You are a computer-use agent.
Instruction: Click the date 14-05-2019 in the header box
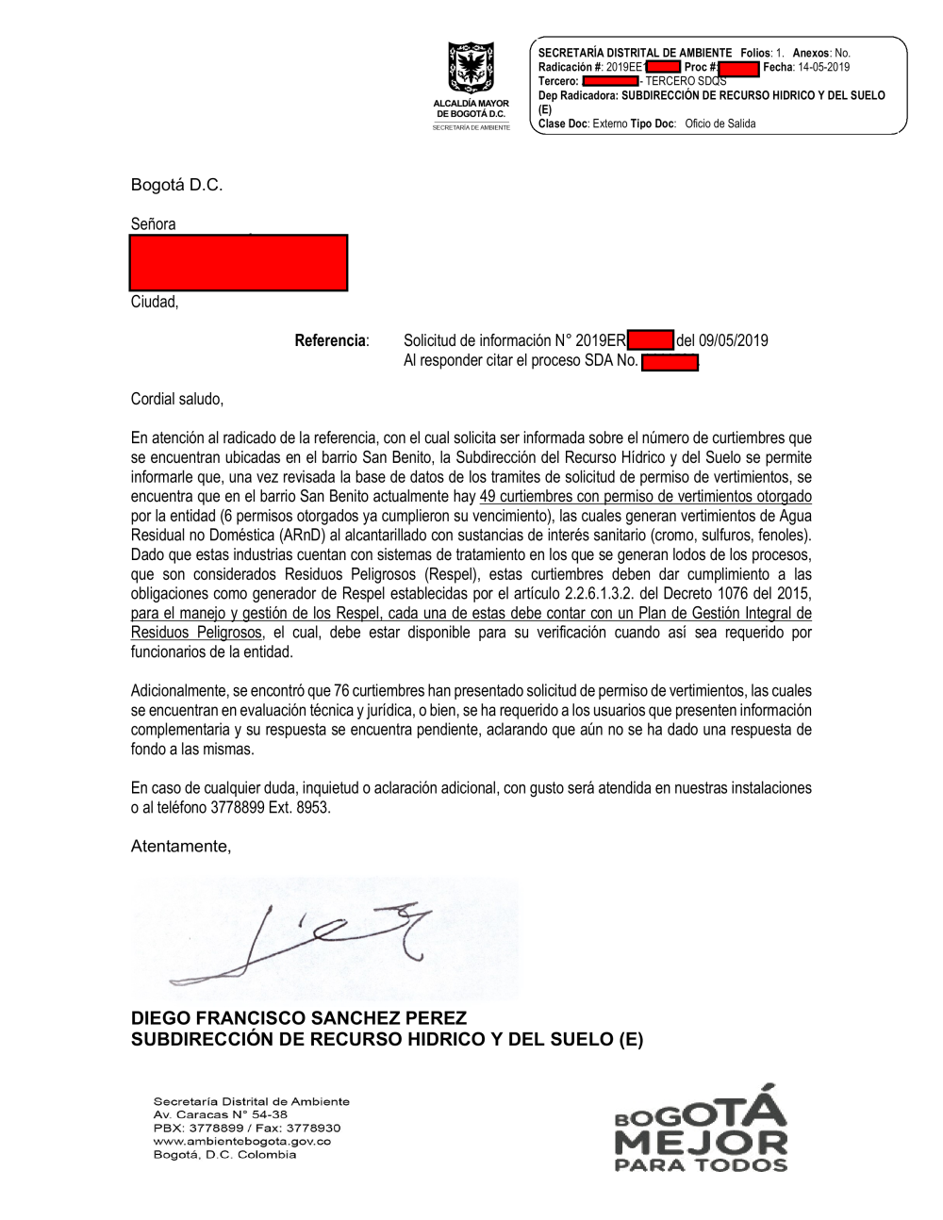coord(823,67)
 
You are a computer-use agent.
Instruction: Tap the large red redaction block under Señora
coord(239,262)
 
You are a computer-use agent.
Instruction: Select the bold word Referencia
coord(330,340)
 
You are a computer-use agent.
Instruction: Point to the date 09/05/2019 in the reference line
coord(733,340)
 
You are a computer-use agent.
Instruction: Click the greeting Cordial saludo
coord(177,399)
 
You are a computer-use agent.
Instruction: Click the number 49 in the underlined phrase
coord(488,496)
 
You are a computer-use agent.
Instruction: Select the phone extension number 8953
coord(313,808)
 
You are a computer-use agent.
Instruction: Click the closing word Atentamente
coord(180,847)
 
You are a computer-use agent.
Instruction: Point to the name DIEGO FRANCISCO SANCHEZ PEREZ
coord(299,1018)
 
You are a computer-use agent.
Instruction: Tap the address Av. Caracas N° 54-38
coord(221,1114)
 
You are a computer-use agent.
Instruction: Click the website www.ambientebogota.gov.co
coord(242,1141)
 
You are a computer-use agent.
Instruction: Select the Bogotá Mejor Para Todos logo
coord(701,1129)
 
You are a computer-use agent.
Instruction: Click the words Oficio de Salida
coord(720,124)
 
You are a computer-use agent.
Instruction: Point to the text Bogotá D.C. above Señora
coord(176,185)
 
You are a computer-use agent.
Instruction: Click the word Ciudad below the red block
coord(154,302)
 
